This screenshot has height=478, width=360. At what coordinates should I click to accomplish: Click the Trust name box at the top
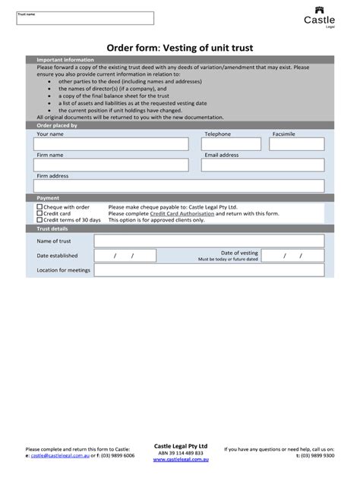85,18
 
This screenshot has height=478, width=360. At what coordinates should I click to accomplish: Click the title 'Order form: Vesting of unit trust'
179,48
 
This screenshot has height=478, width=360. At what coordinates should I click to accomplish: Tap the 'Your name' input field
112,144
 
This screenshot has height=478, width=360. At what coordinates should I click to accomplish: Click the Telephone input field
235,144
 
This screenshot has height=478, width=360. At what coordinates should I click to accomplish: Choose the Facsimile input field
298,144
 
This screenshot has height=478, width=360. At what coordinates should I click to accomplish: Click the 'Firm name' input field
112,165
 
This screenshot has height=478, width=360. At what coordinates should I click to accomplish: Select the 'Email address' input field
263,165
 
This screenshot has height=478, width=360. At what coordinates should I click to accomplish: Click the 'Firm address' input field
179,186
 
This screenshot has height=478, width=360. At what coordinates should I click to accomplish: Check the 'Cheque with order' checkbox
39,206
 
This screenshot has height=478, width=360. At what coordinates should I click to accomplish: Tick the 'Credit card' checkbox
39,213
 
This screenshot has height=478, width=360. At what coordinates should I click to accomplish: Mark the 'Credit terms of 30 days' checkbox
39,220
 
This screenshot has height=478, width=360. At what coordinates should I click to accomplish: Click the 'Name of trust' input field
209,241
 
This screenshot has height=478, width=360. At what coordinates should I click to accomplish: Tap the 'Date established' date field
123,256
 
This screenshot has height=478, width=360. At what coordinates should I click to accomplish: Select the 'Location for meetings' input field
209,271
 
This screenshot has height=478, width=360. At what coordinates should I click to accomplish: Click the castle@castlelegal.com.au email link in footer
61,455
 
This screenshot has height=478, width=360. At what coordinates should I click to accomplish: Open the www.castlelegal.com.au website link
180,460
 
